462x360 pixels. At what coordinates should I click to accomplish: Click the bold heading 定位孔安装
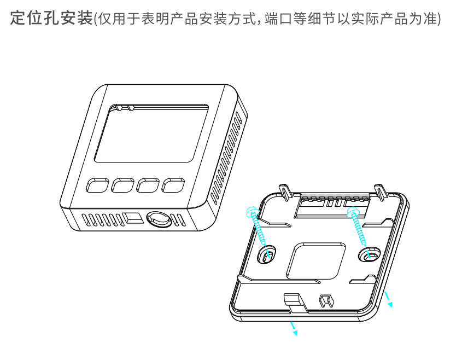coord(51,18)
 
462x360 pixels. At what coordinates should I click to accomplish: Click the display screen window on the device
coord(151,133)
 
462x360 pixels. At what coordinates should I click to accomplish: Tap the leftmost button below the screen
coord(97,185)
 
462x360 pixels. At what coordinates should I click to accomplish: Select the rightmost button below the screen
coord(173,185)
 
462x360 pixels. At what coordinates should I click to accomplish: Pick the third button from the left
coord(148,185)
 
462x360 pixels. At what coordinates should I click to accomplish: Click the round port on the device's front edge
coord(159,219)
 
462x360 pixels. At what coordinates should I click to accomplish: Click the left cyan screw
coord(256,226)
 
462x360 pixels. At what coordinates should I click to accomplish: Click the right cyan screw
coord(357,226)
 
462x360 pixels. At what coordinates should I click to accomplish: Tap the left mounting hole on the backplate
coord(267,254)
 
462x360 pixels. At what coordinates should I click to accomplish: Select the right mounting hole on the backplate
coord(370,254)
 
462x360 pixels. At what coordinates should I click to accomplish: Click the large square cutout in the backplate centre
coord(316,260)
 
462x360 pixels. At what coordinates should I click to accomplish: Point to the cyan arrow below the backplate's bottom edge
coord(294,328)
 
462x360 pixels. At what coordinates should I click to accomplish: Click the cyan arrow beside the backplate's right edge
coord(388,299)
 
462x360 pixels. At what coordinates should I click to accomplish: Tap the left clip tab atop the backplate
coord(285,192)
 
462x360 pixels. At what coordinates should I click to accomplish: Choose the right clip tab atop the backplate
coord(380,192)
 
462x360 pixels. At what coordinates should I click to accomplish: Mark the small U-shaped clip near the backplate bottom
coord(327,300)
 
